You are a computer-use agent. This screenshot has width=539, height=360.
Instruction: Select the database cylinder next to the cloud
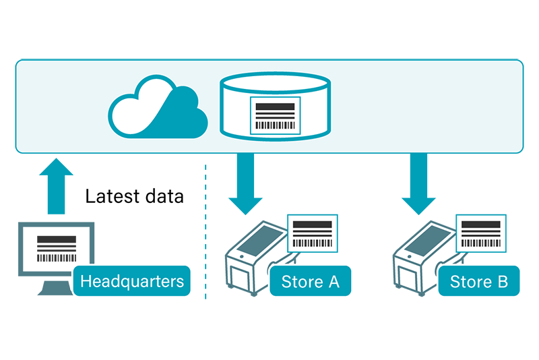click(276, 107)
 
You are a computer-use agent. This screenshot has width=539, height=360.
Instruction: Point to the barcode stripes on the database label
click(276, 125)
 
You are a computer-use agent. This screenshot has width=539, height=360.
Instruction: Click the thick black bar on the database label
click(276, 107)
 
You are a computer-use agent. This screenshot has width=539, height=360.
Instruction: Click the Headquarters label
click(132, 281)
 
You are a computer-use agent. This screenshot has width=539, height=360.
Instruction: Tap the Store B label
click(479, 281)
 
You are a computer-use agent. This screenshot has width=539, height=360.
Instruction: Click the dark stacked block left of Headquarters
click(57, 247)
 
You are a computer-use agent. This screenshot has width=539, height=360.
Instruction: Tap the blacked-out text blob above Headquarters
click(135, 200)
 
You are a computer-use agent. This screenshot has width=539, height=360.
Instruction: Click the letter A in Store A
click(333, 281)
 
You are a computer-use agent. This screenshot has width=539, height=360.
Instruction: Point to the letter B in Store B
click(502, 281)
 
